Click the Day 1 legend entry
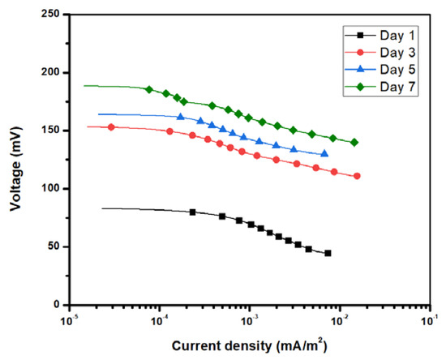388,35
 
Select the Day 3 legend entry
388,53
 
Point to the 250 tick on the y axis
50,15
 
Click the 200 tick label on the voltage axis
50,72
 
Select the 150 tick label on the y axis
50,131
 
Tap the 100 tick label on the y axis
50,189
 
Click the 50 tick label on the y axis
54,246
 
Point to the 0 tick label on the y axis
57,305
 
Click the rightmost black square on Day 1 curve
328,253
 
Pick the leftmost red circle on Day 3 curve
112,127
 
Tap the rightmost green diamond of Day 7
354,143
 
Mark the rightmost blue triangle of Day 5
324,153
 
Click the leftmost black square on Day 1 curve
192,212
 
